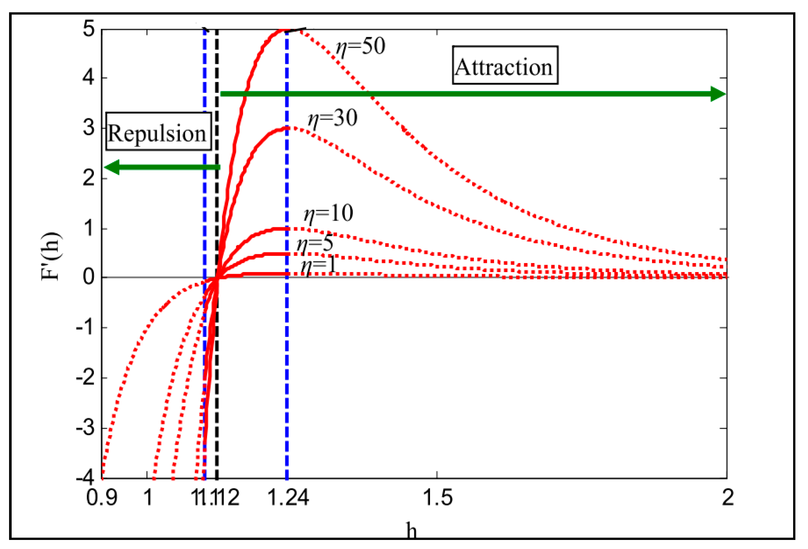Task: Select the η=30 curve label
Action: (x=333, y=118)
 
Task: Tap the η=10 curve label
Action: (x=328, y=213)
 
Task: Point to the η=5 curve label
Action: (x=315, y=243)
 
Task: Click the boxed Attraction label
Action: (x=504, y=66)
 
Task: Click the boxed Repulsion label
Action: (x=158, y=132)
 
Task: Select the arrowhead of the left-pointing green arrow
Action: (x=112, y=167)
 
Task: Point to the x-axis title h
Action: (x=411, y=531)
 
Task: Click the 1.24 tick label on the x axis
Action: (x=288, y=498)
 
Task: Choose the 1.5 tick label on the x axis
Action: (x=437, y=498)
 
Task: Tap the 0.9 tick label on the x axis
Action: (x=102, y=498)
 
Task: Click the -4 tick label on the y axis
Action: (x=85, y=477)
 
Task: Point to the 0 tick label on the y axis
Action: (x=88, y=277)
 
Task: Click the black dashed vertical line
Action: (x=217, y=383)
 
